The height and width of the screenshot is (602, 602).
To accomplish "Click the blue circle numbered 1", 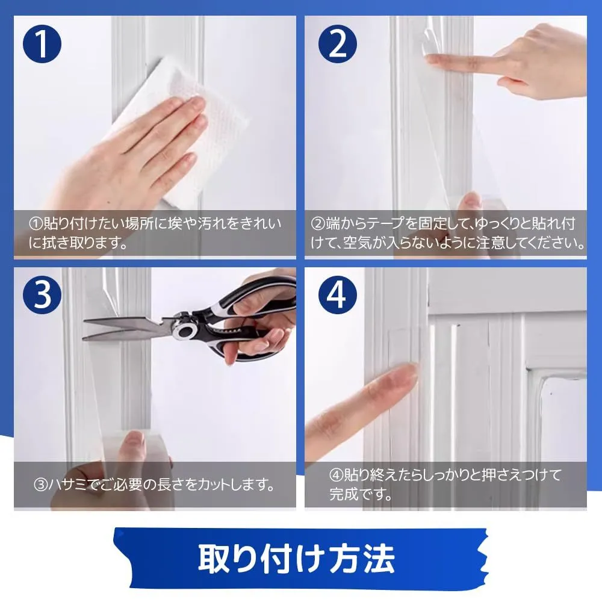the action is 42,44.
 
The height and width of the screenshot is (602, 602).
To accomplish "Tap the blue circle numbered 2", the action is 338,44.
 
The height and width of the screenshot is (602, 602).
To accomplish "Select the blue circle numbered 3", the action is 42,294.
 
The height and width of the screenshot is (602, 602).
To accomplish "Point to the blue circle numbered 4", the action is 338,294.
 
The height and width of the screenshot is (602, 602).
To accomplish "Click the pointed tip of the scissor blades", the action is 84,320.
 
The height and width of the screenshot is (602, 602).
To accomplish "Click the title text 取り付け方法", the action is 296,558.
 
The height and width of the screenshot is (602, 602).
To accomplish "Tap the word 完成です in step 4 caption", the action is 361,494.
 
